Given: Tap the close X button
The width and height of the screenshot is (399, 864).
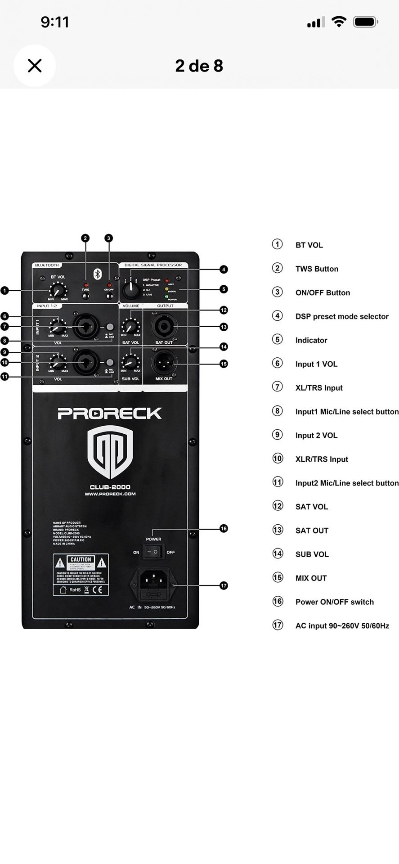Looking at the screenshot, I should coord(35,66).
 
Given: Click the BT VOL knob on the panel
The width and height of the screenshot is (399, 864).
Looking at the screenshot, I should coord(58,290).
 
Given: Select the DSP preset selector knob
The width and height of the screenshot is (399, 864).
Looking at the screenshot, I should coord(130,290).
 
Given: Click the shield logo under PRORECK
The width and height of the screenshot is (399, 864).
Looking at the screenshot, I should coord(110,453).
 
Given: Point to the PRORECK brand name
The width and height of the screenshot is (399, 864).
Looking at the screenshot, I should coord(110,413).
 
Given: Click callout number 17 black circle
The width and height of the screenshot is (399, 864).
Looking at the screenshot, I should coord(224,585).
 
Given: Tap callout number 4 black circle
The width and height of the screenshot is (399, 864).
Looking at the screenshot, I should coord(224,270).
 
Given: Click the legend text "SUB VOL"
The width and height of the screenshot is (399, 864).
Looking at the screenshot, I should coord(312,554).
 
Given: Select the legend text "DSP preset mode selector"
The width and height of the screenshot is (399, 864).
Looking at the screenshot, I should coord(342,316).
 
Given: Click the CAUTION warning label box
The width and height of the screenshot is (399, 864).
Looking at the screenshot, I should coord(81,575).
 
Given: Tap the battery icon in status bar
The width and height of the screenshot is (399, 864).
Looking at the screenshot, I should coord(365,22).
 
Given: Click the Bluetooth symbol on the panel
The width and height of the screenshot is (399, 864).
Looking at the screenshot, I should coord(96,274).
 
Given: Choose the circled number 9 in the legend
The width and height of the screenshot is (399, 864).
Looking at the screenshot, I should coord(278,435).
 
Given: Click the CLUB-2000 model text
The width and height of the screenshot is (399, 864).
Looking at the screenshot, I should coord(110,487).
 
